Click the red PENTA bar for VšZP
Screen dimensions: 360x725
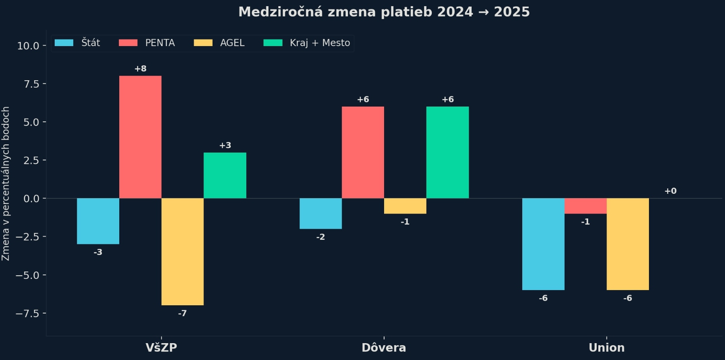tap(140, 137)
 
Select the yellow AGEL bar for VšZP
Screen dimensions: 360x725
tap(182, 252)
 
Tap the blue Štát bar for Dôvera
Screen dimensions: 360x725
tap(320, 214)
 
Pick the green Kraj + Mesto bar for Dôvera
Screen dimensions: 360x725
tap(447, 152)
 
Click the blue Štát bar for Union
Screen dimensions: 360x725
tap(543, 244)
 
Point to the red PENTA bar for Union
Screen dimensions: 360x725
tap(585, 206)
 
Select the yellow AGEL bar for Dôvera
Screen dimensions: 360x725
tap(405, 206)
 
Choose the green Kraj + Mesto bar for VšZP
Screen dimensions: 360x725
tap(225, 175)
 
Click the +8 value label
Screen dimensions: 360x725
tap(140, 69)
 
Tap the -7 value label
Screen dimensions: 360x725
tap(182, 313)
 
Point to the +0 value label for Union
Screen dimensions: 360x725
tap(670, 191)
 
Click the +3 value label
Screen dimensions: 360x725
tap(225, 145)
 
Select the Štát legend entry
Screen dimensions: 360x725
tap(77, 43)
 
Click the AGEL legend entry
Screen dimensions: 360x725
tap(219, 43)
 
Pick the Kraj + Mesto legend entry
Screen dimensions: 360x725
tap(307, 43)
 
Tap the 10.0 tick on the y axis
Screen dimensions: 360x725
tap(28, 46)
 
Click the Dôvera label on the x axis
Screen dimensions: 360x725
tap(384, 348)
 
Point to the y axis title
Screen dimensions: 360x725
tap(6, 184)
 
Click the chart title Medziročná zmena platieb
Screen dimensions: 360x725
tap(384, 12)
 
